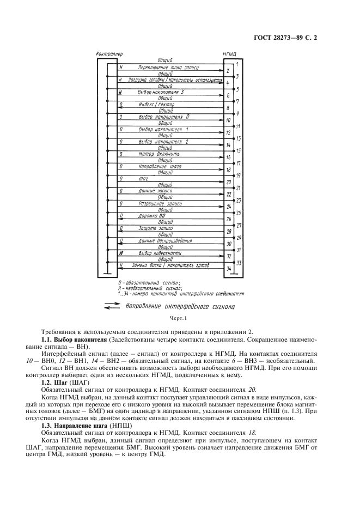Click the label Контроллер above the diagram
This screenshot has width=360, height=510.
(109, 54)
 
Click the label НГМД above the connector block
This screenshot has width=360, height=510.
(229, 54)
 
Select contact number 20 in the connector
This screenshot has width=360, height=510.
(229, 181)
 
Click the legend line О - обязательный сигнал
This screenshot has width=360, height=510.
(148, 282)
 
